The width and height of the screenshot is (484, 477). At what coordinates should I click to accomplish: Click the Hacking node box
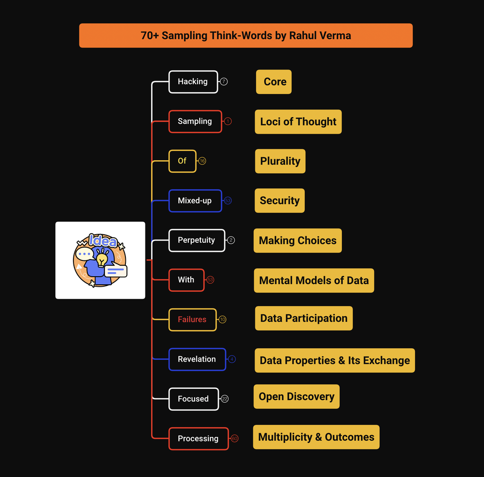pos(193,82)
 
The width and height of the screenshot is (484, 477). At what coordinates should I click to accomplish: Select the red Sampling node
pos(195,121)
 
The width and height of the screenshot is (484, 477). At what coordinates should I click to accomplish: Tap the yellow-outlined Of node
pos(183,161)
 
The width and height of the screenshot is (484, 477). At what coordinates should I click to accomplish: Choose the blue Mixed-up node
pos(195,200)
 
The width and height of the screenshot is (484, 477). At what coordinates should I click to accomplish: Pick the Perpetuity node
pos(196,240)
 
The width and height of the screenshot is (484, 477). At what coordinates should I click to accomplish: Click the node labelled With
pos(186,280)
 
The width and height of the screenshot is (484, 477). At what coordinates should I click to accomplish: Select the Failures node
pos(192,319)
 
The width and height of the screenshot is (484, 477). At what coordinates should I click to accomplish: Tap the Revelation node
pos(197,359)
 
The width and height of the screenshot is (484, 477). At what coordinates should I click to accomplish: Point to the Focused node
pos(194,399)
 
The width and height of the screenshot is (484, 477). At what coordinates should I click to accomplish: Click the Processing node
pos(198,438)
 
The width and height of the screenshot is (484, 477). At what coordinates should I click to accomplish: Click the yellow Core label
pos(274,82)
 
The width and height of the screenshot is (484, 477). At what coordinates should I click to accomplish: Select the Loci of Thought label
pos(298,122)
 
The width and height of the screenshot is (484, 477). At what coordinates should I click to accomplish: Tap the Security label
pos(279,201)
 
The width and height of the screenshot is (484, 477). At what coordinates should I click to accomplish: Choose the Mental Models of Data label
pos(314,280)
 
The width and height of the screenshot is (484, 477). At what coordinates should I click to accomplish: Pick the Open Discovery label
pos(296,396)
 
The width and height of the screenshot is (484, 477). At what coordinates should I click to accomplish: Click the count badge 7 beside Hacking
pos(224,82)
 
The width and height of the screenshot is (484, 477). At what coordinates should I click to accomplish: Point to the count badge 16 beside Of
pos(202,161)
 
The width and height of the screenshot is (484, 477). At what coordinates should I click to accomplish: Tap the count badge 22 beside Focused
pos(225,399)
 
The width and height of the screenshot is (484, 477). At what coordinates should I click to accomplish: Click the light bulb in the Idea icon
pos(102,260)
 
